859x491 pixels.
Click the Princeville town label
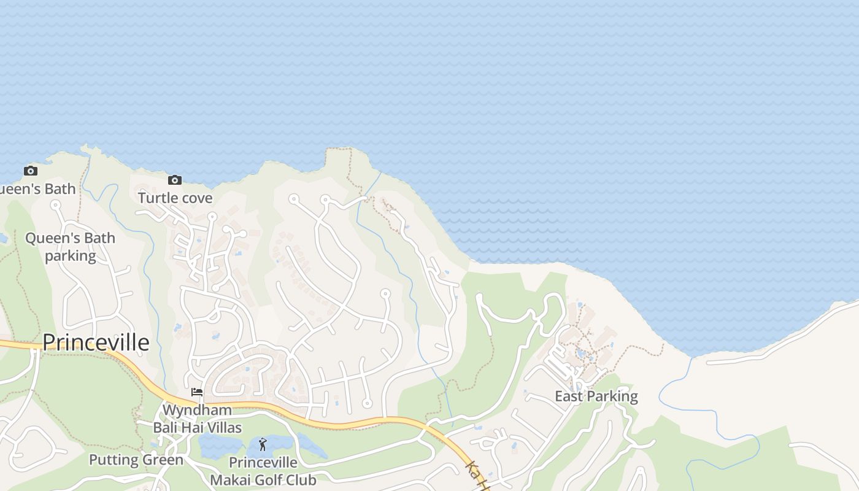pos(96,342)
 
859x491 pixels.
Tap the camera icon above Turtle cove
pos(175,180)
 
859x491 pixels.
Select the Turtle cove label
pos(175,198)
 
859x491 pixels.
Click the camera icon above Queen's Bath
pos(30,171)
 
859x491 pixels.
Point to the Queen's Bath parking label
pos(70,247)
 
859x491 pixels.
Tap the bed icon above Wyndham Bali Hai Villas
pos(197,392)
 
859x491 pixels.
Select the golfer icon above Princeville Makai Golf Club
pos(263,444)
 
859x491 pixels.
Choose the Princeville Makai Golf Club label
pos(263,471)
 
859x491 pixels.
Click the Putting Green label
pos(136,460)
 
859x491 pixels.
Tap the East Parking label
pos(596,396)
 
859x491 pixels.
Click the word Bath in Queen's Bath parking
pos(99,238)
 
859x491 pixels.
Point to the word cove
pos(196,198)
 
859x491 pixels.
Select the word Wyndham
pos(197,410)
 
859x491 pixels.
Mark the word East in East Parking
pos(568,396)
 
